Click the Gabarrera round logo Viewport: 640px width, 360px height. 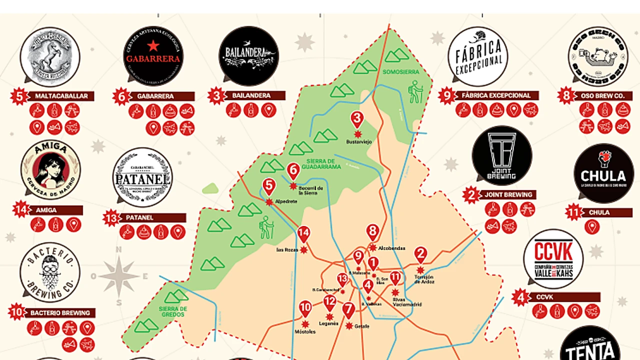pos(153,56)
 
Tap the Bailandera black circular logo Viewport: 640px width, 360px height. pos(248,55)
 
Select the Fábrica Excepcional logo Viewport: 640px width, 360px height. pos(477,56)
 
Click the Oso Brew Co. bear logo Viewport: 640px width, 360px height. pos(597,56)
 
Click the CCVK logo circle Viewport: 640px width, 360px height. pos(553,259)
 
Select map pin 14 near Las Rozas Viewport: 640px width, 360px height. pos(303,234)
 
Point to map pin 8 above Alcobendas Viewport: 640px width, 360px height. pos(372,232)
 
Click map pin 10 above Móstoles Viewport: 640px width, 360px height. pos(305,308)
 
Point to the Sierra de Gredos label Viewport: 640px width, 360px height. pos(173,311)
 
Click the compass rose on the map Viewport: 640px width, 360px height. pos(119,276)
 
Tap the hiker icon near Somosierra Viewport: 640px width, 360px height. pos(416,93)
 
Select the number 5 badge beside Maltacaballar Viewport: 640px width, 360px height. pos(19,96)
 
